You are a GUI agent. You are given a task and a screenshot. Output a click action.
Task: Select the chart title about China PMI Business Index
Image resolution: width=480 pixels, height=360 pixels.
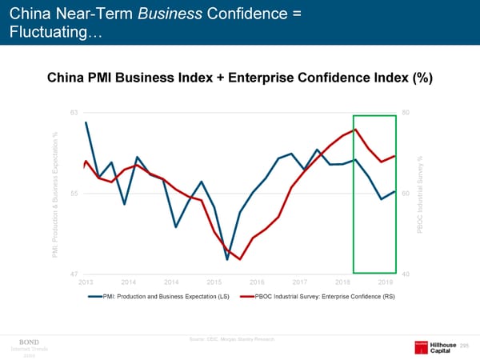click(240, 78)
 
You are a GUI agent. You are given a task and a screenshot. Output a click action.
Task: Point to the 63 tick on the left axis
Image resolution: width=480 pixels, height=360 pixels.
click(74, 113)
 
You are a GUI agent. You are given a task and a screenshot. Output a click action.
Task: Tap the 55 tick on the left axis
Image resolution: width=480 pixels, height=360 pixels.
click(74, 194)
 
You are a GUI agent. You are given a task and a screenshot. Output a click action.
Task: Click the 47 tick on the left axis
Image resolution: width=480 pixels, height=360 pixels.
click(74, 274)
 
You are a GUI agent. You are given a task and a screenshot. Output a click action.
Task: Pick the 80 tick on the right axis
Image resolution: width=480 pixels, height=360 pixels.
click(406, 113)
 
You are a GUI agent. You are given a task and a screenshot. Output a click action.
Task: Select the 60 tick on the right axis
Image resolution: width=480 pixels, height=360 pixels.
click(406, 194)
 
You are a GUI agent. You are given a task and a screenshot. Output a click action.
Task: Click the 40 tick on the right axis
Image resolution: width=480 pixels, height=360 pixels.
click(406, 274)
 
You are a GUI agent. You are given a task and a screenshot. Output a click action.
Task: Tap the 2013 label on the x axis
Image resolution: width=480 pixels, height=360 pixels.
click(86, 282)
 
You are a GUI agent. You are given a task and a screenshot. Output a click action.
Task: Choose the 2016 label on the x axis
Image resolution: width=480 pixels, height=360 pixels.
click(258, 282)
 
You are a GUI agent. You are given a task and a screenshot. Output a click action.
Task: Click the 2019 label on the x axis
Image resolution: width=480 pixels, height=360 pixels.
click(386, 282)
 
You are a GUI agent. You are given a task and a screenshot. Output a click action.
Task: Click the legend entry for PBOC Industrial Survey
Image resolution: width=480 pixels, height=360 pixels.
click(324, 297)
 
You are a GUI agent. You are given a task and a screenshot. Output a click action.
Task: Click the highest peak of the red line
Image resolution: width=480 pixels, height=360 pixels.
click(355, 130)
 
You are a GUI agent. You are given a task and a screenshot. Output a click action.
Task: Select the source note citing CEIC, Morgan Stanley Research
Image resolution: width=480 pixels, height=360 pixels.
click(232, 339)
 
